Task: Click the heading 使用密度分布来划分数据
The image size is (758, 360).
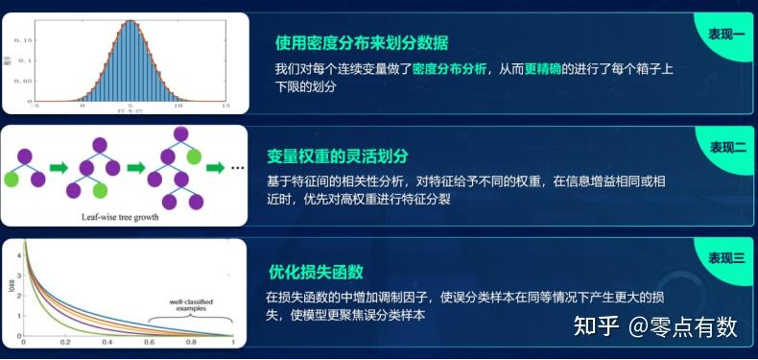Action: (x=362, y=43)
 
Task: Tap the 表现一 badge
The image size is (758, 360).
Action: (x=725, y=33)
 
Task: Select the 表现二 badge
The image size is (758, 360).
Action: (x=726, y=147)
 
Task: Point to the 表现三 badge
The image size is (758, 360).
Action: (x=726, y=258)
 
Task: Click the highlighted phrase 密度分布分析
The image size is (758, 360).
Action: (x=448, y=69)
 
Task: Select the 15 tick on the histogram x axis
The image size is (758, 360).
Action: (x=225, y=108)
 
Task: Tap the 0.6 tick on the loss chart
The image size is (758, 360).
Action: (x=150, y=343)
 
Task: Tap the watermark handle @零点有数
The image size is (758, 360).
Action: (x=682, y=326)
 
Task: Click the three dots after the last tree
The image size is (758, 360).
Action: (x=239, y=168)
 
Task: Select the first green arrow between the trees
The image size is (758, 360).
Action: (x=59, y=167)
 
